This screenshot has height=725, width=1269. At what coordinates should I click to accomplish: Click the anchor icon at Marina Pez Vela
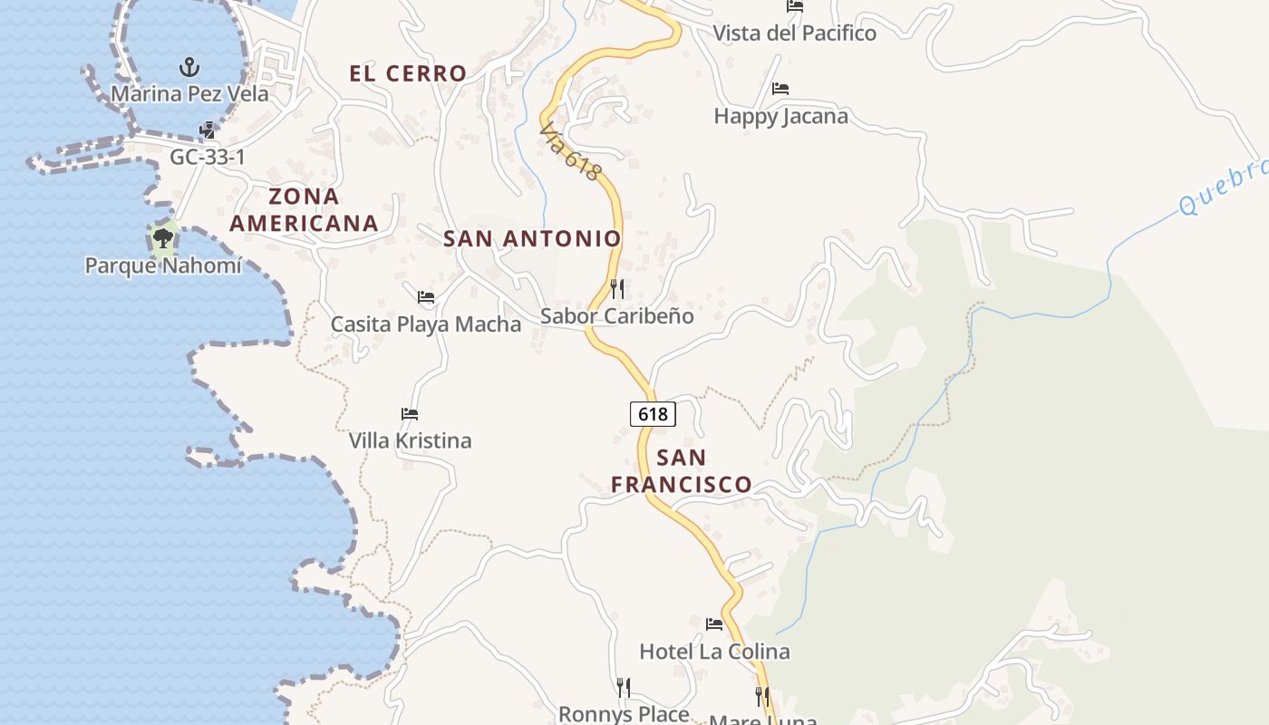(189, 66)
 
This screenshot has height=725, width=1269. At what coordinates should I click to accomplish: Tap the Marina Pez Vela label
(189, 93)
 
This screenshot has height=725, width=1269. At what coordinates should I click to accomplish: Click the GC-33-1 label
(208, 157)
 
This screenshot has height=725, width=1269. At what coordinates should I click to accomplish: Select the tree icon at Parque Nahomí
(163, 238)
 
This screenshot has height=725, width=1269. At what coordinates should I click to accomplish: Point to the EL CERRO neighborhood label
(408, 73)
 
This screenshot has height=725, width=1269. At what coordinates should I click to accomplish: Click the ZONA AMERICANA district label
(304, 209)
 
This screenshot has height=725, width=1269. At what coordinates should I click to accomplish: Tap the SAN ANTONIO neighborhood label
(532, 238)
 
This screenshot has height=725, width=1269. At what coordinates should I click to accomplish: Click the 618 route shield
(653, 414)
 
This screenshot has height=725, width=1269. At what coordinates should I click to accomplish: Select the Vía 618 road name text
(569, 151)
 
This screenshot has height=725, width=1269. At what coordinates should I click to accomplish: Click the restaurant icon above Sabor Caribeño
(617, 289)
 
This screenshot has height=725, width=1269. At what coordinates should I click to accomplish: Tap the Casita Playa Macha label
(425, 324)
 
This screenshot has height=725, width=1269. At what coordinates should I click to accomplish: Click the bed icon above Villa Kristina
(410, 414)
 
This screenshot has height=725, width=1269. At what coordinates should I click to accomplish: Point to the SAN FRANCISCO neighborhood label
(681, 470)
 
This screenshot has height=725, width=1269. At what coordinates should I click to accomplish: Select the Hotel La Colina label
(714, 651)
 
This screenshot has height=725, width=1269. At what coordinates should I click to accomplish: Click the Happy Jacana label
(780, 116)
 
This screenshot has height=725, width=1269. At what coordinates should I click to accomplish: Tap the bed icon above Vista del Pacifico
(795, 6)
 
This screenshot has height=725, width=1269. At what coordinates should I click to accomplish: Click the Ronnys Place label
(624, 713)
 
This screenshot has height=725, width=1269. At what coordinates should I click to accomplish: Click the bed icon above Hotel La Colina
(714, 623)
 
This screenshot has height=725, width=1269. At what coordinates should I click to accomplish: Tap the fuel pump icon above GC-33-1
(208, 130)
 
